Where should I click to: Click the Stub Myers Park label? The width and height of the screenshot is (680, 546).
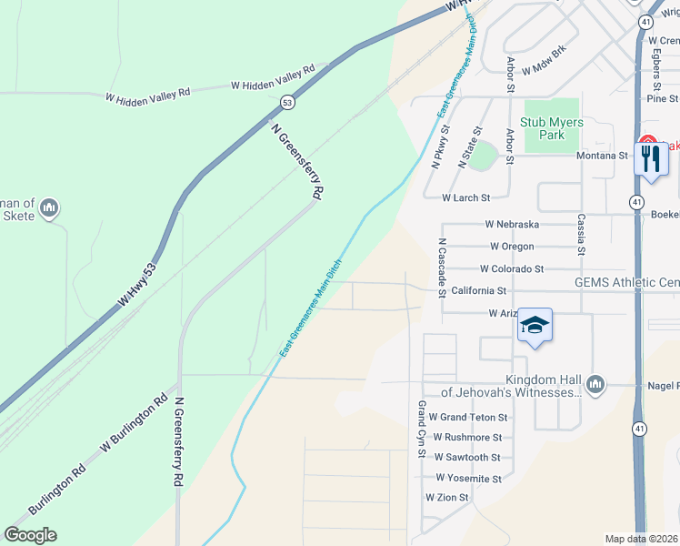tap(543, 128)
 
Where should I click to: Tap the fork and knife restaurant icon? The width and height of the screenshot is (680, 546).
tap(651, 160)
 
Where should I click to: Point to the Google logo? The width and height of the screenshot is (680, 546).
tap(30, 535)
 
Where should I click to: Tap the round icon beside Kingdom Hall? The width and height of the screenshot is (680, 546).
tap(595, 383)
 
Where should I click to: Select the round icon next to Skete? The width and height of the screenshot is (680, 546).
tap(50, 208)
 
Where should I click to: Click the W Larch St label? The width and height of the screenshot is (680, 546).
tap(465, 197)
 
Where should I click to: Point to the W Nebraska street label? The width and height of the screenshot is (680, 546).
tap(512, 224)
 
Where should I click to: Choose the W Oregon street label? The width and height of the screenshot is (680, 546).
tap(511, 247)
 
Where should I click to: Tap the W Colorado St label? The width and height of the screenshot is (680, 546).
tap(512, 269)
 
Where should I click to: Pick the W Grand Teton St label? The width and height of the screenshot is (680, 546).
tap(468, 417)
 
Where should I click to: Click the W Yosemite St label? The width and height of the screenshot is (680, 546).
tap(469, 478)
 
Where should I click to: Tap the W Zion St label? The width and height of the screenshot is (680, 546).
tap(446, 498)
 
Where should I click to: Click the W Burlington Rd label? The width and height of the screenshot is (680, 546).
tap(135, 425)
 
